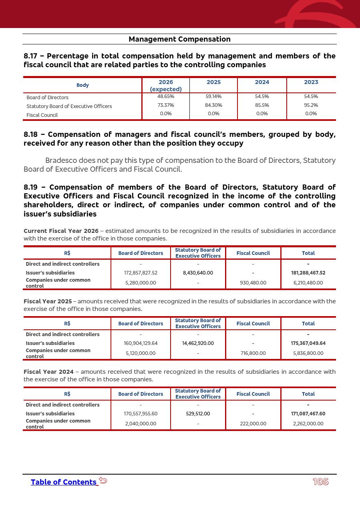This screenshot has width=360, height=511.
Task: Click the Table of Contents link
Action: (64, 482)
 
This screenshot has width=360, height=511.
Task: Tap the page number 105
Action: (320, 482)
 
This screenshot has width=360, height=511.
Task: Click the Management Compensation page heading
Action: (179, 39)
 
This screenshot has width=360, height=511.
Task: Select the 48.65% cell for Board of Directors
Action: (166, 96)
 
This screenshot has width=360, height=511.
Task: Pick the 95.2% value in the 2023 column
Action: (311, 105)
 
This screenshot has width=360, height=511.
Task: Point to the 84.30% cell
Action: (213, 105)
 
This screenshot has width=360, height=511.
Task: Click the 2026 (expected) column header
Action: (166, 85)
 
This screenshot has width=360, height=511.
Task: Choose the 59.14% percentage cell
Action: (213, 96)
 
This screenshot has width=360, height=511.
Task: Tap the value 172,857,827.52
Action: (141, 273)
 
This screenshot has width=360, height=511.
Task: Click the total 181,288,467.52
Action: (308, 273)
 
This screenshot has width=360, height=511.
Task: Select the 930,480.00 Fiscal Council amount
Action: (253, 283)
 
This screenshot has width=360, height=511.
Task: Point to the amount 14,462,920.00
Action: (198, 343)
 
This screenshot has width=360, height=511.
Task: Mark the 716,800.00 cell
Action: (253, 353)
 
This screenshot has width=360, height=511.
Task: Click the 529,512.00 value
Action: (198, 414)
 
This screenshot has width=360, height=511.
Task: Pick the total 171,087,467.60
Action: (308, 414)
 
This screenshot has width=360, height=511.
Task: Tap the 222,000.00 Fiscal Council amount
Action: (253, 424)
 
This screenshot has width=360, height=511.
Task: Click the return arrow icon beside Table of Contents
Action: (103, 480)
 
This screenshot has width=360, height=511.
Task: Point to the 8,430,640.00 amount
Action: (198, 273)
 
